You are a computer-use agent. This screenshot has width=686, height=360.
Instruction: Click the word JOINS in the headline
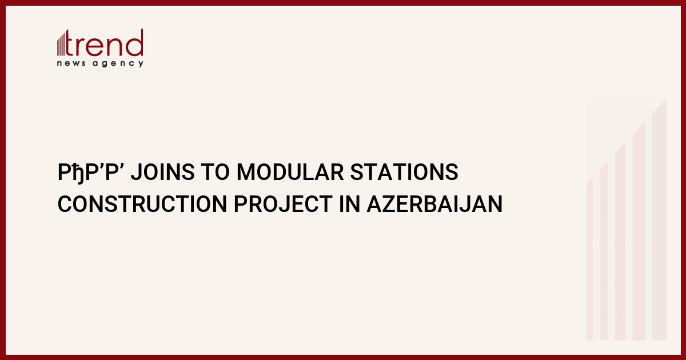162,172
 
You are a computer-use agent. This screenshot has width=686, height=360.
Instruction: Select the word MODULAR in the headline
290,172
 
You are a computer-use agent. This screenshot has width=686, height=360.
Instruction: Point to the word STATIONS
404,172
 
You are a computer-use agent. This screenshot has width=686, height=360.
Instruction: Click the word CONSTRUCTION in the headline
142,204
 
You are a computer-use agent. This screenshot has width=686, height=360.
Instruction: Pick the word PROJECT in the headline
283,204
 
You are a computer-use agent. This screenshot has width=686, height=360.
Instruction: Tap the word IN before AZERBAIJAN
349,204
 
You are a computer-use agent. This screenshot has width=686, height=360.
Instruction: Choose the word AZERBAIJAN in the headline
434,204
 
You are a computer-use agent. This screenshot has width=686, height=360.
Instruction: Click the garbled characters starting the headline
91,173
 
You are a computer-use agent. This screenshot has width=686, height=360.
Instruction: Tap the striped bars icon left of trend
61,44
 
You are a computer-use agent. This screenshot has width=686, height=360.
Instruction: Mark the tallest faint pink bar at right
659,219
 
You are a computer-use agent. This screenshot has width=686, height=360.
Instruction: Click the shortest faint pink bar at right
589,259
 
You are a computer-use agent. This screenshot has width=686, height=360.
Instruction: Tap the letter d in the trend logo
135,43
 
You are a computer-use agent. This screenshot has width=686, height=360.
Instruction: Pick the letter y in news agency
141,64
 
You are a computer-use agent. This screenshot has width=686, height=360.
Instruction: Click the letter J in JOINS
136,172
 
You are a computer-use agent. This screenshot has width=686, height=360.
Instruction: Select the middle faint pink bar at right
620,242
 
